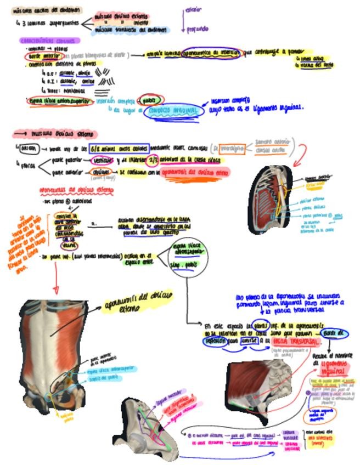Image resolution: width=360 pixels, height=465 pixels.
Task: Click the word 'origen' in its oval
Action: (26, 149)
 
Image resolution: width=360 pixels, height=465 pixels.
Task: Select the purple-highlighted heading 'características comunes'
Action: (49, 41)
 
